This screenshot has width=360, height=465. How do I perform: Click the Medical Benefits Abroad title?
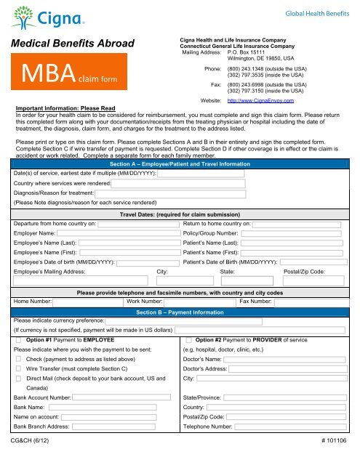coord(69,45)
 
